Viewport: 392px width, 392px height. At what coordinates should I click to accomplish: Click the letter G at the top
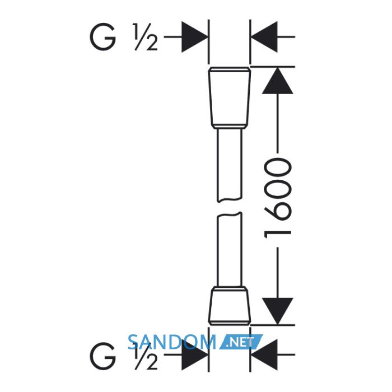[x=103, y=37]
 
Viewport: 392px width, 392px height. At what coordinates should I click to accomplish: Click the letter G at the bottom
[x=103, y=356]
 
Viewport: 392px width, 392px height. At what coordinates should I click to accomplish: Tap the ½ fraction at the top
[x=145, y=37]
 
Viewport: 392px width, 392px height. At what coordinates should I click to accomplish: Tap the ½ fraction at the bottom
[x=145, y=356]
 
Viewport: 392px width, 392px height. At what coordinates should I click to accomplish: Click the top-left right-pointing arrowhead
[x=194, y=37]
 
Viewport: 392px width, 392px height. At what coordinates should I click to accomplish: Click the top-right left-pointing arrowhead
[x=264, y=37]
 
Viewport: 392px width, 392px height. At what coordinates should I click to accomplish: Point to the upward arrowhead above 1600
[x=278, y=81]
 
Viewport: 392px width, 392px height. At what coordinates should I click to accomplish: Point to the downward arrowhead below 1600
[x=278, y=311]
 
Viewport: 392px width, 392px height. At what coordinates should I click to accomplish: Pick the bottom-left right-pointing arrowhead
[x=194, y=354]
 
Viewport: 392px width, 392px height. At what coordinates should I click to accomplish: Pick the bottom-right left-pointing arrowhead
[x=264, y=354]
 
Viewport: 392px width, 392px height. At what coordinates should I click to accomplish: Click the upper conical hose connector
[x=230, y=98]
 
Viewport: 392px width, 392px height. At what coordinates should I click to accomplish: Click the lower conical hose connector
[x=230, y=306]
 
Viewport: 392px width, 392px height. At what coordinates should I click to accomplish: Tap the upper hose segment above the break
[x=230, y=165]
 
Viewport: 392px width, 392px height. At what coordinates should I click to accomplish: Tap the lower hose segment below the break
[x=230, y=250]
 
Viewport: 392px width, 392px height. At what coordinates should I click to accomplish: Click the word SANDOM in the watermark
[x=171, y=342]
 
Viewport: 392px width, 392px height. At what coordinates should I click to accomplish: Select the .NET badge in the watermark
[x=241, y=342]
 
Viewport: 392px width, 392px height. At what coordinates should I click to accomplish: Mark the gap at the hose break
[x=230, y=207]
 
